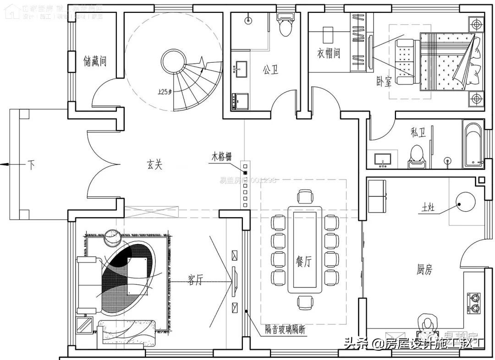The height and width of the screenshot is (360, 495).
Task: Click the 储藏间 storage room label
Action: point(95,60)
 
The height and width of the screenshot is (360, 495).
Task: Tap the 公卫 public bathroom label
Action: point(270,70)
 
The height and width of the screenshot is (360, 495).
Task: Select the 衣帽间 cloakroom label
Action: point(329,54)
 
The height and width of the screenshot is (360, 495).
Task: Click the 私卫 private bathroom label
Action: point(418,133)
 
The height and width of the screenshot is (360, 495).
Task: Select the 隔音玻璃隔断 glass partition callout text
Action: point(285,329)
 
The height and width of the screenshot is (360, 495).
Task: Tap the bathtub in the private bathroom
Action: point(473,143)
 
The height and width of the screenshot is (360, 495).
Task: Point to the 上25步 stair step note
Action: point(164,92)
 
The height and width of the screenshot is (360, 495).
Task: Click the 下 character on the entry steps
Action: point(31,165)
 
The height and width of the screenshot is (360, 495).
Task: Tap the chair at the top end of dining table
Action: point(305,197)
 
